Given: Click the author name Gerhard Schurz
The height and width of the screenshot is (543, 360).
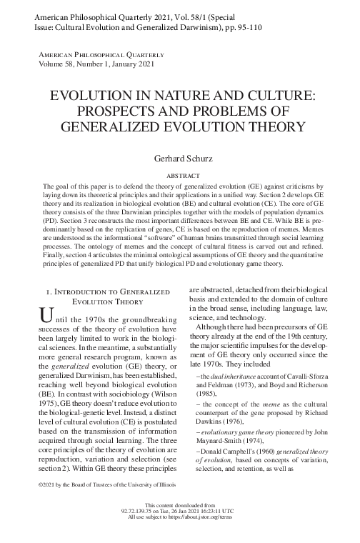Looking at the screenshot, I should click(180, 158).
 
